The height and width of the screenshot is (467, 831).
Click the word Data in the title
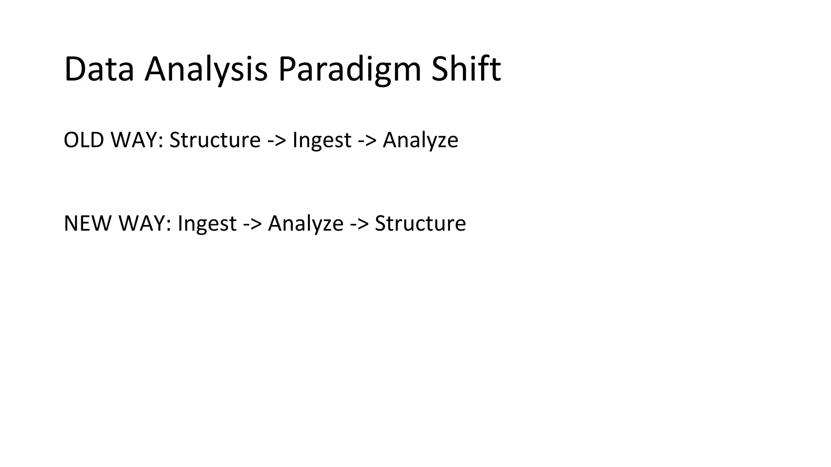tap(99, 69)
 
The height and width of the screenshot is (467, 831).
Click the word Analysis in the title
tap(206, 69)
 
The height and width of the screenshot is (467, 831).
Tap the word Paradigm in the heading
tap(349, 69)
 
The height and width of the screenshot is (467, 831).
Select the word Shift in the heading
tap(466, 69)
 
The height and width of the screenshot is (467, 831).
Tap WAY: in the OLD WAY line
tap(137, 140)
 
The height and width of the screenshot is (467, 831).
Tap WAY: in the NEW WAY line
tap(145, 223)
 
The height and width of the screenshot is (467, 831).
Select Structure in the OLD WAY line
tap(215, 140)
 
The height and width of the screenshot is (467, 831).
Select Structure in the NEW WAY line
tap(420, 223)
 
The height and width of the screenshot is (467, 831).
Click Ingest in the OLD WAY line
tap(322, 141)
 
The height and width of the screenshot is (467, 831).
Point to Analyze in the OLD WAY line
tap(420, 141)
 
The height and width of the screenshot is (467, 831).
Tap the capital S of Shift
tap(440, 69)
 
